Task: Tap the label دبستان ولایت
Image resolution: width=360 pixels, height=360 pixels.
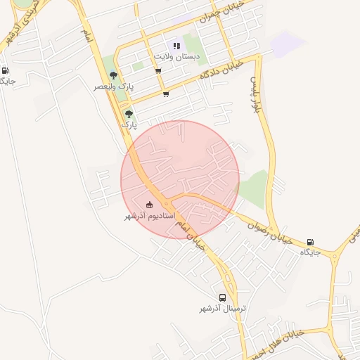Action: [177, 56]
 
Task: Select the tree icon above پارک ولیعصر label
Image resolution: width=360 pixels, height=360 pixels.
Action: [113, 76]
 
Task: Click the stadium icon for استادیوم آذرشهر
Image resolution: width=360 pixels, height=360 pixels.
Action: [148, 205]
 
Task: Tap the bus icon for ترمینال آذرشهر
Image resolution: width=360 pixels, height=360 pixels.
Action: [223, 297]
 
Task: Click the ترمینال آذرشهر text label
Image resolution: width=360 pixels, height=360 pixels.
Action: [222, 308]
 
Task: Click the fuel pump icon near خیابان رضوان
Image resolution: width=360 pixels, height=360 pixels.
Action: [311, 242]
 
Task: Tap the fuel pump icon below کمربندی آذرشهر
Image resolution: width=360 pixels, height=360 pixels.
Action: [6, 70]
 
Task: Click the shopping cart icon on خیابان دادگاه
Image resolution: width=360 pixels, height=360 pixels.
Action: [165, 94]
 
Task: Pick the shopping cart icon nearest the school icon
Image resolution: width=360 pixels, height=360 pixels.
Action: [158, 70]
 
